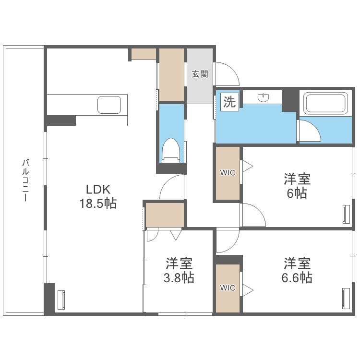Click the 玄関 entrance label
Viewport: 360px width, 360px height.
point(200,74)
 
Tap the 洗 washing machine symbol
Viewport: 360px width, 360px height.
point(229,102)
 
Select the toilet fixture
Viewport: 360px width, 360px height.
point(170,149)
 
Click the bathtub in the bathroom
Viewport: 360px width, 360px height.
point(326,104)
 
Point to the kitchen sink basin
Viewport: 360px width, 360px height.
point(110,105)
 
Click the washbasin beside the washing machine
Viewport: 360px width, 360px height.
point(263,98)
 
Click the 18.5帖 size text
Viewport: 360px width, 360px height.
point(98,204)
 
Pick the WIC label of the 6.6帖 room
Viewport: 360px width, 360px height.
point(228,288)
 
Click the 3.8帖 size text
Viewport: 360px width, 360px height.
point(179,278)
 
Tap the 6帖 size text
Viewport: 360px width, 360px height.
point(297,193)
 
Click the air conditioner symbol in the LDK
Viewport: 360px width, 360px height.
point(61,300)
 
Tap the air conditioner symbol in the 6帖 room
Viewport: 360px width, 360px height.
point(346,214)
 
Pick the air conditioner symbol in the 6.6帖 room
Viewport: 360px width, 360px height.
point(346,298)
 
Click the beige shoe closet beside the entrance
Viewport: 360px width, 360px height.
point(171,74)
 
